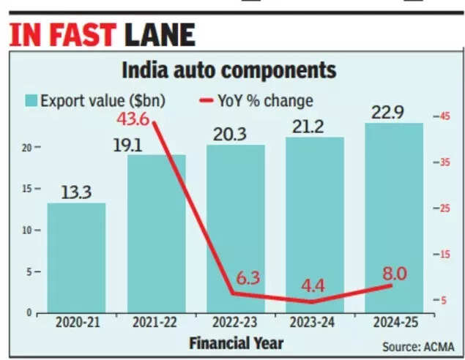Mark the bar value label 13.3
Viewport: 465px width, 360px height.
tap(77, 192)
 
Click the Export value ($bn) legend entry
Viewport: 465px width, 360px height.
tap(95, 100)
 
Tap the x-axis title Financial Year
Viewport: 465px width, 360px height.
tap(236, 342)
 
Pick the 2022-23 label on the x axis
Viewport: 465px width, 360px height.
tap(236, 322)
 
